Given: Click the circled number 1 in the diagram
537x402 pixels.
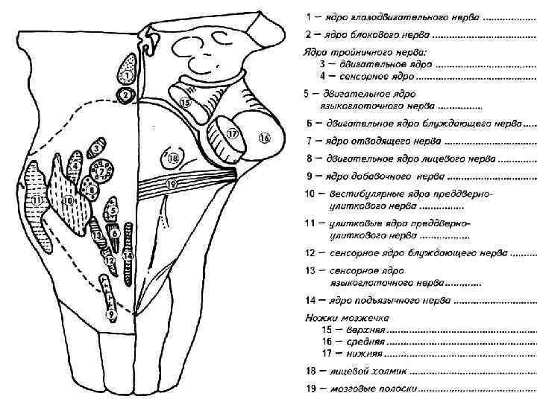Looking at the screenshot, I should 128,75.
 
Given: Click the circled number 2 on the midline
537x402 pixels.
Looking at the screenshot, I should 126,95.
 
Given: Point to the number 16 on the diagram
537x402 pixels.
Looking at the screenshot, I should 265,138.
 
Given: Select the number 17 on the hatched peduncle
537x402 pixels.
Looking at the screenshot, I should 231,135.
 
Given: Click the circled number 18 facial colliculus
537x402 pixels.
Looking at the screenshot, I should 173,159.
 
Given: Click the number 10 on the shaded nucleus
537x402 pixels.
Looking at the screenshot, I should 67,200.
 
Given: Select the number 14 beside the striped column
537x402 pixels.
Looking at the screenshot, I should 128,255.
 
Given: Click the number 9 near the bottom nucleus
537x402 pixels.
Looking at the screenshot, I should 110,314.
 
